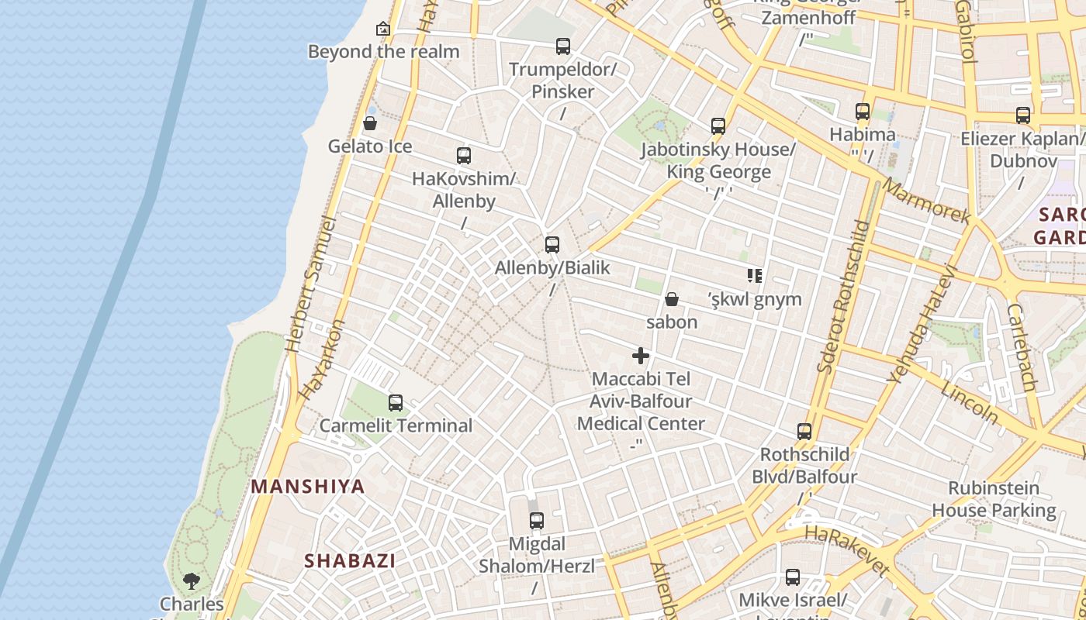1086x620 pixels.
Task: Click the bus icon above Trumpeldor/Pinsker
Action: tap(563, 46)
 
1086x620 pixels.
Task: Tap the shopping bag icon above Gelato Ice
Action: tap(370, 123)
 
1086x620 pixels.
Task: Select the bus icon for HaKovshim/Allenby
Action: tap(464, 156)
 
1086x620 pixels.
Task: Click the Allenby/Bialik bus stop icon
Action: tap(552, 246)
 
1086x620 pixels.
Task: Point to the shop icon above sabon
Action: tap(672, 299)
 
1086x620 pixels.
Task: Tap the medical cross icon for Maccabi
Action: tap(641, 356)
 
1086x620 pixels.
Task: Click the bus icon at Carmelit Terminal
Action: tap(396, 403)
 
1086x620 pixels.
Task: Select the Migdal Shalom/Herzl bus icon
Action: tap(536, 521)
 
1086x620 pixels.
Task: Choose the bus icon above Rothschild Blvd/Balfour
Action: tap(804, 432)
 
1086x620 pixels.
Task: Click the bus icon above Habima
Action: tap(863, 112)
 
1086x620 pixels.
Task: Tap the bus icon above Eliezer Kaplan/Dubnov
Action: tap(1023, 115)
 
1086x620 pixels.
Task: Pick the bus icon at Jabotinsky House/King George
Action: tap(718, 126)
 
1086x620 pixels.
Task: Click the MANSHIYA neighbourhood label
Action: tap(308, 487)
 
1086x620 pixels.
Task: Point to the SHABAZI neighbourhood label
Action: tap(350, 560)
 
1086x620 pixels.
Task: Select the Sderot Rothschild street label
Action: tap(841, 297)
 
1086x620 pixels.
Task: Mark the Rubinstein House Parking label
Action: tap(994, 499)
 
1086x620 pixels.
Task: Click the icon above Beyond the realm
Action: tap(382, 29)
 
